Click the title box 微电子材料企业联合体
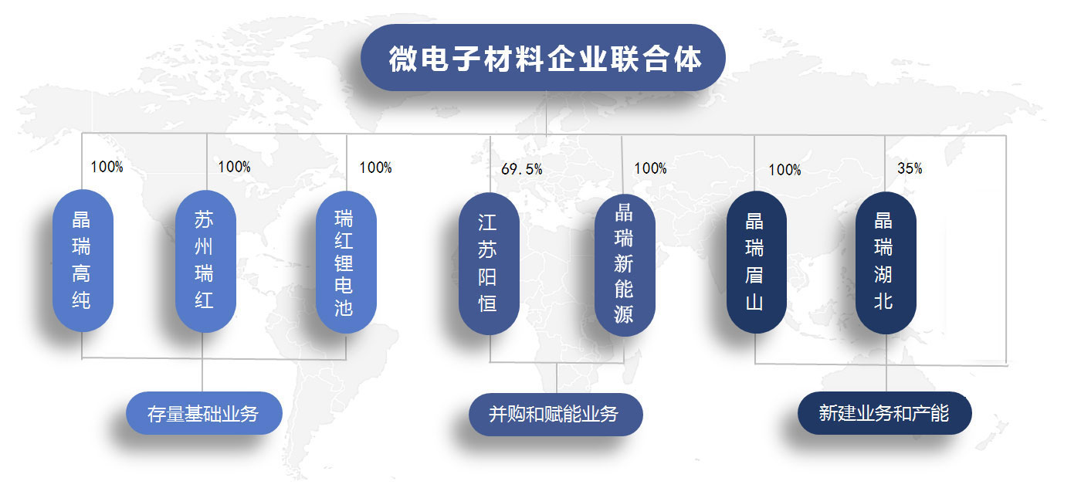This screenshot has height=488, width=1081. pos(543,57)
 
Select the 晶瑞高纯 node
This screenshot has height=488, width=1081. pos(83,261)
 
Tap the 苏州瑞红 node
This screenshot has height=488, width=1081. pos(205,261)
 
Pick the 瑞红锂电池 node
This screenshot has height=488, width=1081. pos(346,262)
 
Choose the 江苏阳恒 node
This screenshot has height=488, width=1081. pos(489,263)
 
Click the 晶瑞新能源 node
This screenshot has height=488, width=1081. pos(625,265)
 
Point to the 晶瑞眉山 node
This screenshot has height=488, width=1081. pos(756,262)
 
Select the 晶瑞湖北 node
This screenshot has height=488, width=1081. pos(886,263)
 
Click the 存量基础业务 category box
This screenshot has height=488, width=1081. pos(204,413)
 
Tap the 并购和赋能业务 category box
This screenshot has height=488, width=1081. pos(555,415)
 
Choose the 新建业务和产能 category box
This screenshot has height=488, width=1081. pos(885,413)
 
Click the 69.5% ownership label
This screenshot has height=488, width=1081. pos(522,169)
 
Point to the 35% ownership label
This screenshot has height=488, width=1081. pos(910,168)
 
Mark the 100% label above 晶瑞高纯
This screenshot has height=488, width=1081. pos(107,167)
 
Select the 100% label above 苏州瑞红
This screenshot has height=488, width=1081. pos(234,167)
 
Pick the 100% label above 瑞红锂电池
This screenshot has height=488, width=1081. pos(375,168)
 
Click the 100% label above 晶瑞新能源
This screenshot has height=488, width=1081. pos(650,168)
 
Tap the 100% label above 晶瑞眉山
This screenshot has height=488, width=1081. pos(784,170)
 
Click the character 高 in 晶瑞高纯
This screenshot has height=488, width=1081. pos(81,273)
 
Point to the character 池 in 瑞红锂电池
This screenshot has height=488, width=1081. pos(344,307)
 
